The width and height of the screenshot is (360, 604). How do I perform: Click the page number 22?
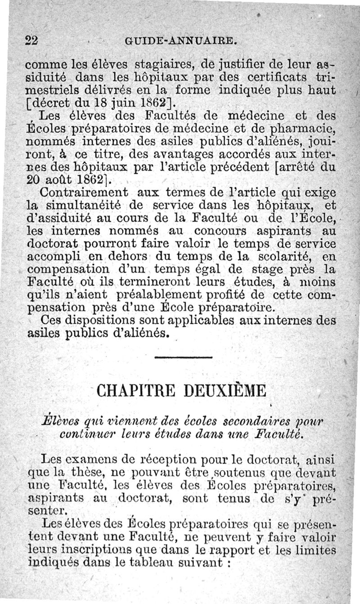[31, 40]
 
